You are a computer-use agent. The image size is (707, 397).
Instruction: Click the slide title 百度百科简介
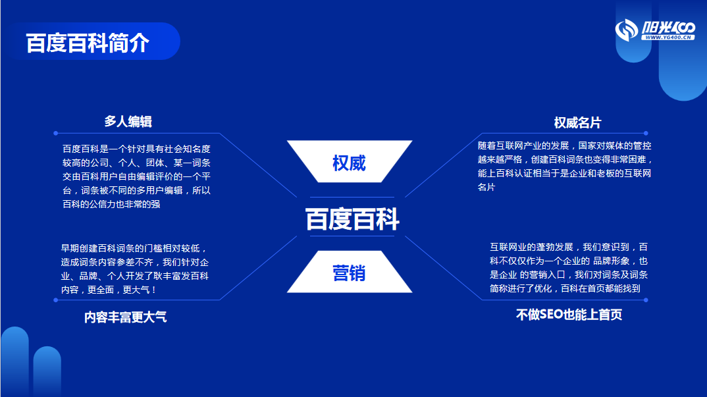coord(88,43)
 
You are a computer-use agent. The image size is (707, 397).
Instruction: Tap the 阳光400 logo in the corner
coord(655,30)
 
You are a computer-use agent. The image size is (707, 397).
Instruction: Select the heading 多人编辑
coord(128,121)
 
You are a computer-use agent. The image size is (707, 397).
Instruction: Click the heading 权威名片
coord(577,122)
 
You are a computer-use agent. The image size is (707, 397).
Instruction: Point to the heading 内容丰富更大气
coord(125,317)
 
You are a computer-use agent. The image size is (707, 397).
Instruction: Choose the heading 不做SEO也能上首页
coord(569,315)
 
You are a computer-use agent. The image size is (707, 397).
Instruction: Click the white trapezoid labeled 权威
coord(350,161)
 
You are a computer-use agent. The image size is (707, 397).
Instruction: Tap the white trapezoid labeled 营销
coord(350,272)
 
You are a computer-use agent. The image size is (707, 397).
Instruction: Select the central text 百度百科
coord(352,219)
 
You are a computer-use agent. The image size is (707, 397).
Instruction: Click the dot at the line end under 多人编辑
coord(55,133)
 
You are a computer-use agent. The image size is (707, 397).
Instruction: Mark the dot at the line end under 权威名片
coord(646,133)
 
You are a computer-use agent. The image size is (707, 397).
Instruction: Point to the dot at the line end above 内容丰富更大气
coord(55,300)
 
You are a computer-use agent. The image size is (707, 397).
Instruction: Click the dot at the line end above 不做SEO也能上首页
coord(646,300)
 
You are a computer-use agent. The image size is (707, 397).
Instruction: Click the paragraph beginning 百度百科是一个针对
coord(137,176)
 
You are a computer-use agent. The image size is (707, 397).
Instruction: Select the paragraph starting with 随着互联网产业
coord(565,167)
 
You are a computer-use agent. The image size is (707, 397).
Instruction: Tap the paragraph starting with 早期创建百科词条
coord(135,269)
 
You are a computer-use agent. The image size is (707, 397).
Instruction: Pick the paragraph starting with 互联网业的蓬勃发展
coord(569,267)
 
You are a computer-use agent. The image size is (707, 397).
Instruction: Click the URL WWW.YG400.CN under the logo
coord(668,38)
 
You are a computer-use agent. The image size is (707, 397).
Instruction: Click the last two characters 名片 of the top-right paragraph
coord(486,187)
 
